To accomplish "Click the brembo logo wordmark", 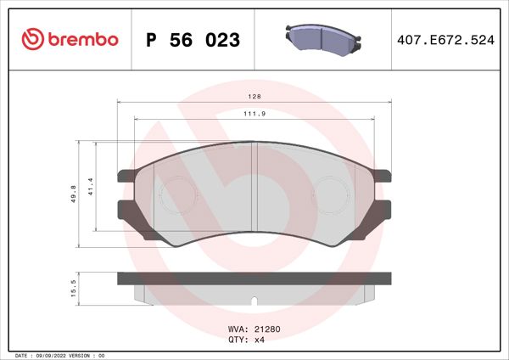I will click(x=82, y=39).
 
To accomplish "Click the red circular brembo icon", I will click(x=31, y=39).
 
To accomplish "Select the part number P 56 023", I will click(x=193, y=40).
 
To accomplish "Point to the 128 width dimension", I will click(x=254, y=97).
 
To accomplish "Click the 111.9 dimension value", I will click(x=254, y=114).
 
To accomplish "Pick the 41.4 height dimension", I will click(x=91, y=194).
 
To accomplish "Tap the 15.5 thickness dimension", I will click(x=76, y=289).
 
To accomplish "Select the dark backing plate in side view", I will click(x=255, y=278).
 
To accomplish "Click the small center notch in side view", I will click(x=255, y=300).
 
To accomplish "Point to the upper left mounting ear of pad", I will click(x=125, y=176).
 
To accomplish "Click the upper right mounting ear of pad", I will click(x=385, y=176).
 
